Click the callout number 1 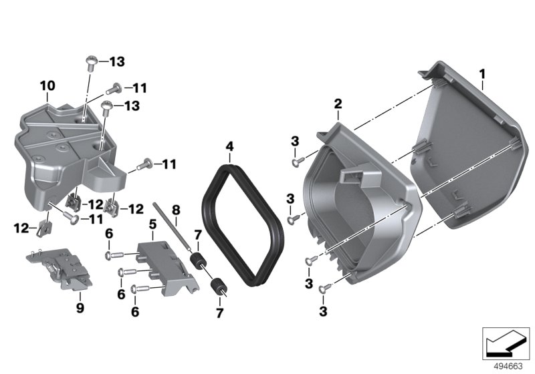[x=482, y=74]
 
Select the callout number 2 [x=338, y=104]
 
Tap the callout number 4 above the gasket [x=229, y=146]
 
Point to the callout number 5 [x=152, y=224]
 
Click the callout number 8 [x=176, y=210]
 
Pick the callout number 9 [x=80, y=308]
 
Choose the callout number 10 [x=47, y=86]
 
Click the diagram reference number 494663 [x=508, y=367]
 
